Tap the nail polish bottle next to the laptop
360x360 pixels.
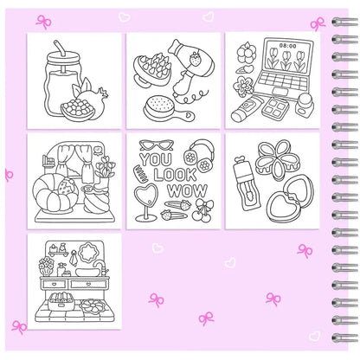tap(304, 106)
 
